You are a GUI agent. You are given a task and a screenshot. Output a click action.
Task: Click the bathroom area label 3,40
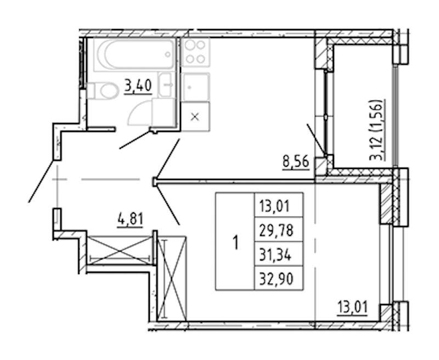(x=138, y=86)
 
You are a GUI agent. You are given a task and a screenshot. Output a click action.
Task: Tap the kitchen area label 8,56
(x=296, y=162)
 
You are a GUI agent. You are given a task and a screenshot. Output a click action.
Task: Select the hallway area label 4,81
(x=131, y=220)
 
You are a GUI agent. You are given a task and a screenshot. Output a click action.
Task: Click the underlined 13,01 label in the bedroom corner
(x=352, y=308)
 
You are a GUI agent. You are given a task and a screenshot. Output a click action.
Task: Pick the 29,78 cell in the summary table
(x=277, y=231)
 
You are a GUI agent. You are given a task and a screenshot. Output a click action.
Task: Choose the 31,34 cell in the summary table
(x=275, y=255)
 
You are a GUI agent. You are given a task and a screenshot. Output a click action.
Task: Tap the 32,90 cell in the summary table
(x=277, y=279)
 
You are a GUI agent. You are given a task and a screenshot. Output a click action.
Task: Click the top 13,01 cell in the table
(x=274, y=206)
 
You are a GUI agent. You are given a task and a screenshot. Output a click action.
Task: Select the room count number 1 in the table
(x=236, y=243)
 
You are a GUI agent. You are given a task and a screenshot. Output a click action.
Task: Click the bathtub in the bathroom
(x=134, y=54)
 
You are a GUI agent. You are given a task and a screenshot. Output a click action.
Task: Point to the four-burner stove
(x=195, y=52)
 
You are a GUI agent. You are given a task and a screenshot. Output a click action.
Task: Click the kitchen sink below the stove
(x=195, y=87)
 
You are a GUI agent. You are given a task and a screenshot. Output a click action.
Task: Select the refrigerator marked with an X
(x=195, y=116)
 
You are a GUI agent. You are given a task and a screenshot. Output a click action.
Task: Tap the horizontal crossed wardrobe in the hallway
(x=120, y=250)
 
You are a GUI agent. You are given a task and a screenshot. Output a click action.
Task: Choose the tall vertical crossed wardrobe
(x=172, y=278)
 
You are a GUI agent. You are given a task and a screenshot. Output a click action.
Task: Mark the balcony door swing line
(x=317, y=139)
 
